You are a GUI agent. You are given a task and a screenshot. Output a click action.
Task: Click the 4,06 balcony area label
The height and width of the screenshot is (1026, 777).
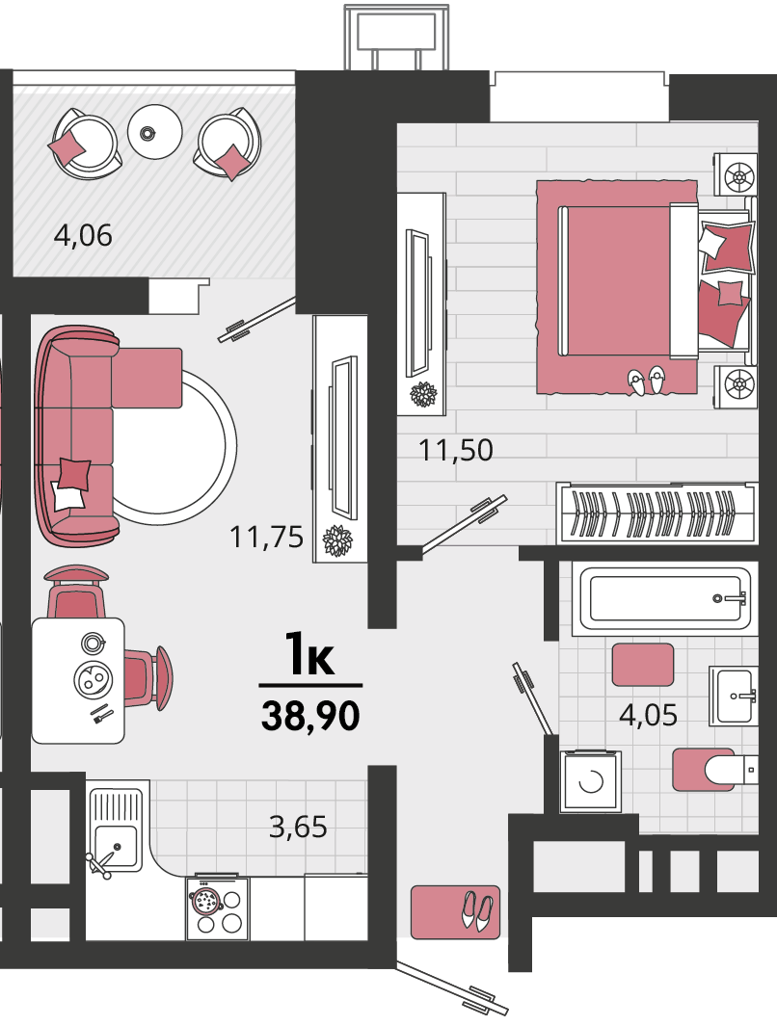83,235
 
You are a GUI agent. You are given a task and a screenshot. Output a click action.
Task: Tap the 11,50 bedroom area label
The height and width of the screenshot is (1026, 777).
456,450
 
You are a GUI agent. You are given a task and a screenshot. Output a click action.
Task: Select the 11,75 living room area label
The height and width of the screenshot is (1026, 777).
266,538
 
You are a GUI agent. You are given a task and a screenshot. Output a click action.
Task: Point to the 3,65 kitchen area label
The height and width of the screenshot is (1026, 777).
298,828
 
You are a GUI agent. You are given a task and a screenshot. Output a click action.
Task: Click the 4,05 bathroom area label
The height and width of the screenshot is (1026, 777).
648,715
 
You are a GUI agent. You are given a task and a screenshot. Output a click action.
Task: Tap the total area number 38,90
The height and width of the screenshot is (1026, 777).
311,715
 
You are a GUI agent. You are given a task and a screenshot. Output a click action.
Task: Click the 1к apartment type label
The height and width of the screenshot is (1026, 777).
309,654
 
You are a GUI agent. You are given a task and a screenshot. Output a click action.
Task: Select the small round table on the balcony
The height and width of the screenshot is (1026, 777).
154,132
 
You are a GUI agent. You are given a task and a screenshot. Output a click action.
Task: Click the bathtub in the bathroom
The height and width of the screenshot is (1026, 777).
664,598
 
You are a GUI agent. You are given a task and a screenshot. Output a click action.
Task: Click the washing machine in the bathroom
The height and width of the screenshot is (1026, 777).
590,781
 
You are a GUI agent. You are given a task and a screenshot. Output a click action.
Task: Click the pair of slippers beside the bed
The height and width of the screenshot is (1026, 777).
646,381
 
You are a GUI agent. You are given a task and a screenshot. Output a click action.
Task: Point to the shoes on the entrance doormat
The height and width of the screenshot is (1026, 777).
477,910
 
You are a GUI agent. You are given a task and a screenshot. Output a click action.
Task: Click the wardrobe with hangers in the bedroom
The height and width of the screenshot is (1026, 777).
656,513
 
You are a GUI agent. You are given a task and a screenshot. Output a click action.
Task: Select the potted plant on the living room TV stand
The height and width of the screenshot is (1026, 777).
337,541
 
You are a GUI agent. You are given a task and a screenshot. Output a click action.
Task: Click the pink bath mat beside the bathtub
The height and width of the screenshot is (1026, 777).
643,664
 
